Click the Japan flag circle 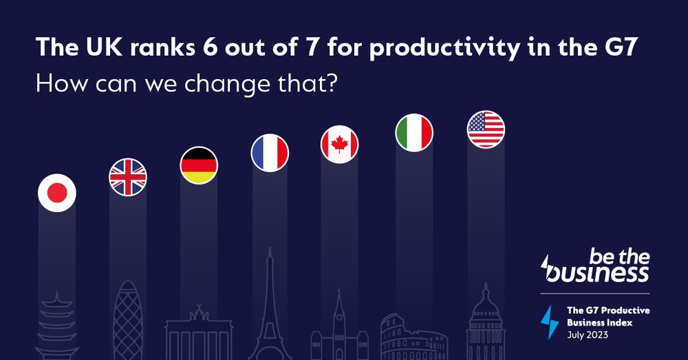click(56, 193)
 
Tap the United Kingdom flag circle click(128, 177)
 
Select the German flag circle click(199, 166)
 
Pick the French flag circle click(270, 153)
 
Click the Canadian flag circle click(340, 145)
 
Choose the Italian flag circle click(414, 132)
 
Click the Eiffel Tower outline click(270, 303)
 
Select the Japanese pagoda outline click(56, 327)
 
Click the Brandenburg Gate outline click(199, 334)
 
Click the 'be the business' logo click(596, 267)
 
